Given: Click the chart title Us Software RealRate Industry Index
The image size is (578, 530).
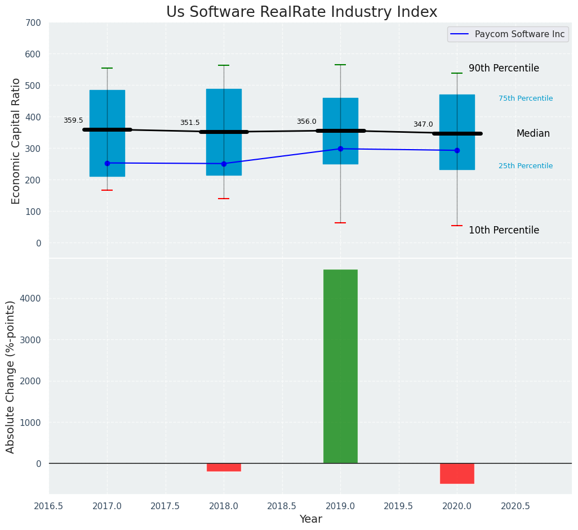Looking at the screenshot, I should click(x=301, y=12).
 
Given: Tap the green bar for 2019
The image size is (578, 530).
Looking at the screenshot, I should click(x=340, y=366).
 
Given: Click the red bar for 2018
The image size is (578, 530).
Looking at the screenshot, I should click(x=224, y=467).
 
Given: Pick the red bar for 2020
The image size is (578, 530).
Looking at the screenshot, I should click(x=457, y=473).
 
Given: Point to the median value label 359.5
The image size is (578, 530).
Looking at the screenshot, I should click(x=73, y=120).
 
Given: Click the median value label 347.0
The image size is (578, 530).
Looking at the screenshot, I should click(x=423, y=124).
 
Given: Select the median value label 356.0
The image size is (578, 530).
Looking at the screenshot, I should click(x=306, y=122).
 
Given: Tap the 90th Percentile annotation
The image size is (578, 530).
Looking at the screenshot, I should click(x=504, y=68).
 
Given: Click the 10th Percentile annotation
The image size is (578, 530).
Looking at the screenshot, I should click(x=504, y=230).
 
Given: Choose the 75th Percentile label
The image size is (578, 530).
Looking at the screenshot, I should click(x=526, y=98).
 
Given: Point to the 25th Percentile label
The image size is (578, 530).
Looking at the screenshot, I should click(x=526, y=166).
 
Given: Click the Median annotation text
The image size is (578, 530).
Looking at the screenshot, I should click(x=533, y=133).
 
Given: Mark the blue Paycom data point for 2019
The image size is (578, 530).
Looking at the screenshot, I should click(x=340, y=149).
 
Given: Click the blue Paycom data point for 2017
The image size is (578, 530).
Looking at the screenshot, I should click(x=107, y=163).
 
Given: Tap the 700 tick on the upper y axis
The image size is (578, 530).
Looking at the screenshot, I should click(x=33, y=23).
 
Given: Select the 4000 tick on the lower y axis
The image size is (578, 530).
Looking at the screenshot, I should click(x=30, y=298).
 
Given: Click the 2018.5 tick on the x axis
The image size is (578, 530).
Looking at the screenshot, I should click(x=282, y=506).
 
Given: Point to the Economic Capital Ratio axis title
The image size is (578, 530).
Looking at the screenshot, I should click(x=16, y=141).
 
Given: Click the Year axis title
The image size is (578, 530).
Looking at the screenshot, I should click(x=310, y=519).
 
